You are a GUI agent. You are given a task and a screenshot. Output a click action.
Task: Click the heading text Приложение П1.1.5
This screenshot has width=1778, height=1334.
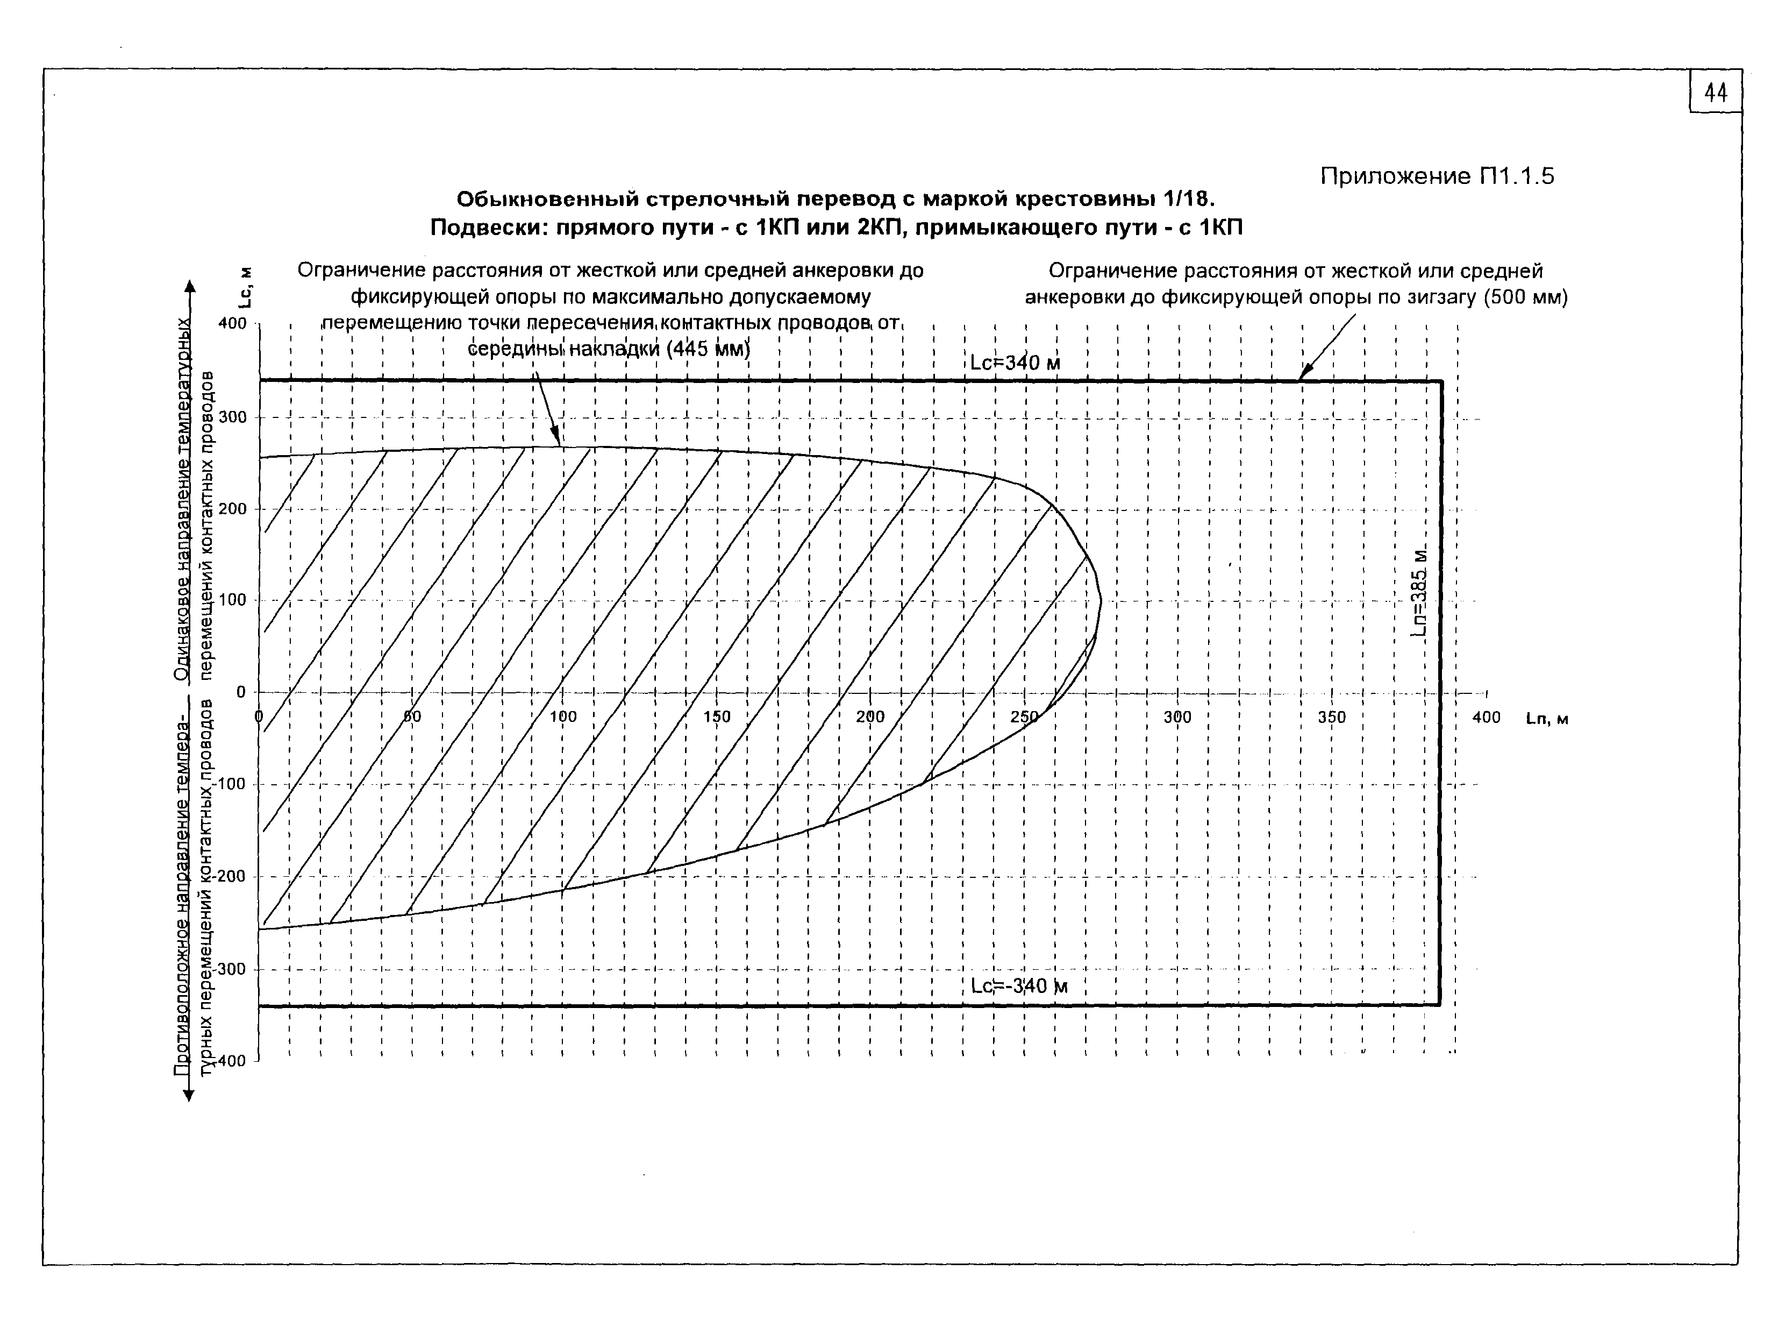[1437, 176]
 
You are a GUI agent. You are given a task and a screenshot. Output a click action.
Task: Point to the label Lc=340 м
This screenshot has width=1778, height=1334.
[1015, 363]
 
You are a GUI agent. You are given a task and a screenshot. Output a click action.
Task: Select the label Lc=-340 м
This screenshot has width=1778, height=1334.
[1018, 986]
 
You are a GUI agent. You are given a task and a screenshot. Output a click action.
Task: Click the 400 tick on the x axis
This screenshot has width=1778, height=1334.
[1486, 717]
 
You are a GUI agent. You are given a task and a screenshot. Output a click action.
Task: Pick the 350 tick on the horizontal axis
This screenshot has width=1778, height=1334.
[1332, 717]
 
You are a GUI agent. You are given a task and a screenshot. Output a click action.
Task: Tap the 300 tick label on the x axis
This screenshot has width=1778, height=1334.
[1177, 717]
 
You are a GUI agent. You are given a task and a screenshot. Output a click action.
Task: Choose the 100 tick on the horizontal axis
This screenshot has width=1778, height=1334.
[563, 717]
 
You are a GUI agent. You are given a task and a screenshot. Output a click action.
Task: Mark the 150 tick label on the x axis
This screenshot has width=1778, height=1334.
[717, 717]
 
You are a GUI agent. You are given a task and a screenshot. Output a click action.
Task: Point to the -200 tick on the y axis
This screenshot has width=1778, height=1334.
[231, 876]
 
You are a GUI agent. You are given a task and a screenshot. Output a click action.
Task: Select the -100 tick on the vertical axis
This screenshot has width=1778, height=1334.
[231, 784]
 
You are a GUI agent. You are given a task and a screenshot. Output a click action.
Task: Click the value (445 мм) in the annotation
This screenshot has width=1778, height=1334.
[708, 349]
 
